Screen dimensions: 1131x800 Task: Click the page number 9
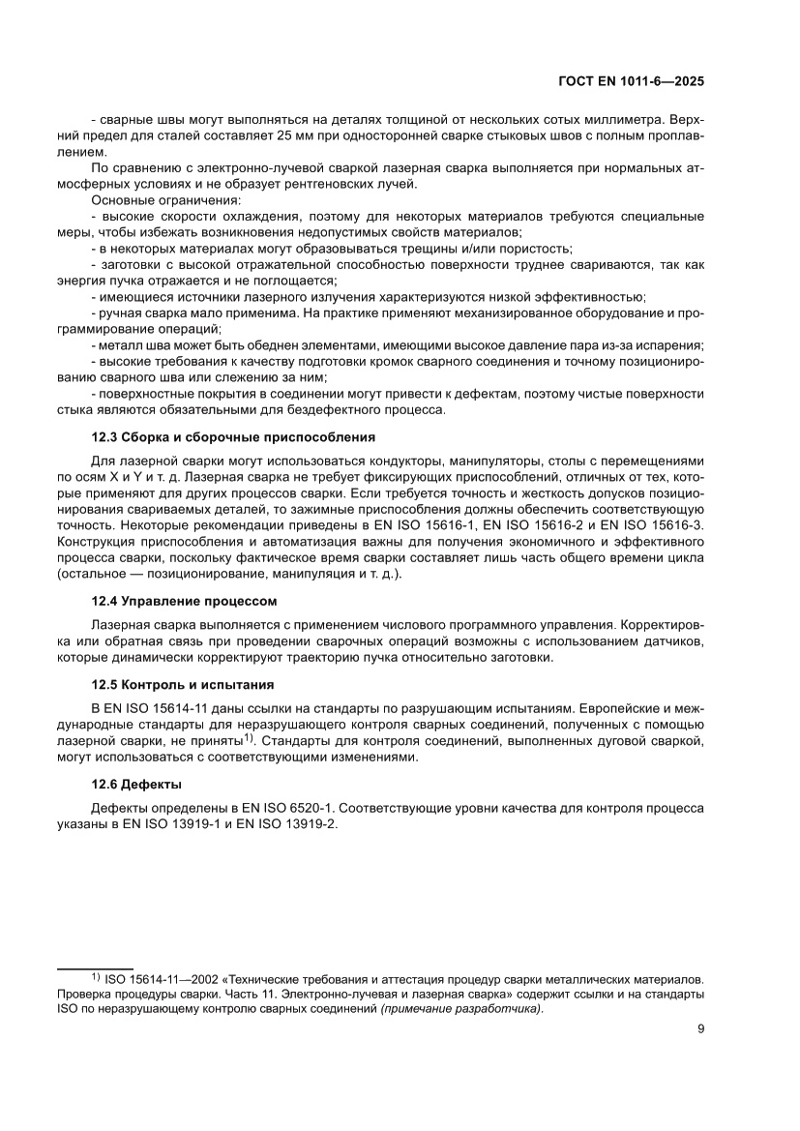pos(700,1029)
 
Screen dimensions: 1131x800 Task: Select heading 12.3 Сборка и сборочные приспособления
pos(232,436)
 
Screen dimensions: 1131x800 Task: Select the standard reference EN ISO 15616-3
pos(653,524)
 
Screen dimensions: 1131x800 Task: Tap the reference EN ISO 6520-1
pos(285,807)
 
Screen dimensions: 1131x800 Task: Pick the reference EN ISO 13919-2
pos(289,823)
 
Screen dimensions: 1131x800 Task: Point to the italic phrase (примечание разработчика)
pos(461,1009)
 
